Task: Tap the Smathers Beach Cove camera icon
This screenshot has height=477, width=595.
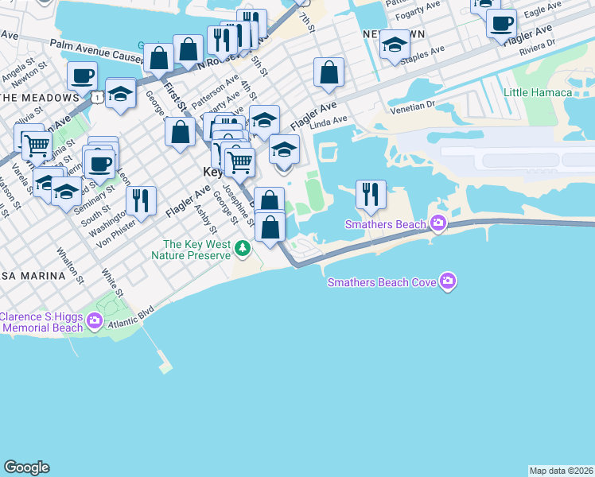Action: click(x=449, y=281)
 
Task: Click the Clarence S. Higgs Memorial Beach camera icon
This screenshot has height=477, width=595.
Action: click(x=95, y=321)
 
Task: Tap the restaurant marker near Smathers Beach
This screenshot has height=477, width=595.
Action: click(x=371, y=195)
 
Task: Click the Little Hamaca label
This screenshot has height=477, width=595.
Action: click(x=538, y=92)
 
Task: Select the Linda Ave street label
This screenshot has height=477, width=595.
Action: click(x=329, y=121)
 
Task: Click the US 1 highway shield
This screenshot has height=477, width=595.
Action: click(x=96, y=97)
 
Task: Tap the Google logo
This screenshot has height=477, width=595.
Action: click(x=26, y=467)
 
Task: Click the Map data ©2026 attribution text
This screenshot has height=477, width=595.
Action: click(x=561, y=470)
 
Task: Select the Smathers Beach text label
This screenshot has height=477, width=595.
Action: click(x=386, y=225)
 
